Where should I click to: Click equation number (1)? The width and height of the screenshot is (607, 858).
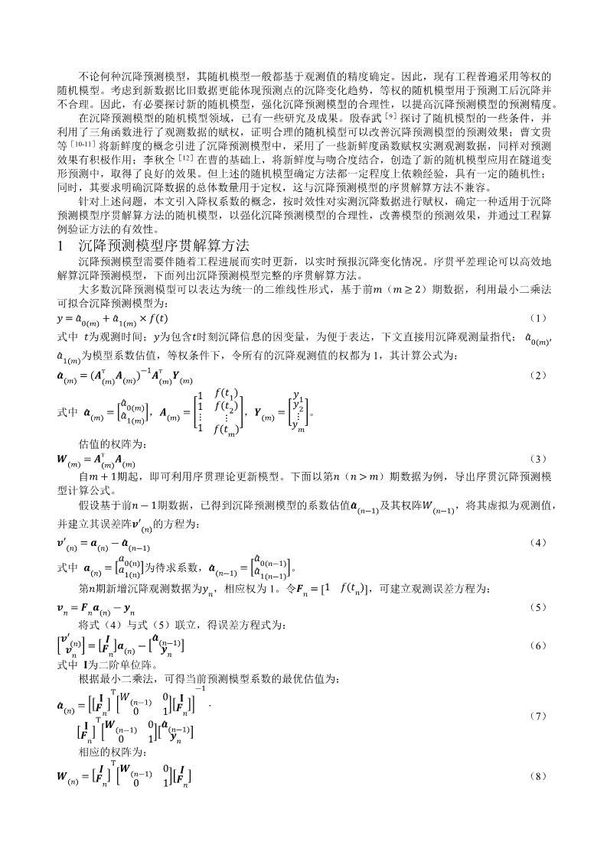click(538, 317)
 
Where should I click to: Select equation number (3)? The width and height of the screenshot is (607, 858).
click(538, 459)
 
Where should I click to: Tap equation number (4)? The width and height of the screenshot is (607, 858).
click(538, 542)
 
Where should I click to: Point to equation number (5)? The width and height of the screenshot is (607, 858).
click(538, 607)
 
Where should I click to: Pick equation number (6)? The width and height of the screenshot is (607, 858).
click(538, 646)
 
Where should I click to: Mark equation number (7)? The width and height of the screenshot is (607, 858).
click(538, 717)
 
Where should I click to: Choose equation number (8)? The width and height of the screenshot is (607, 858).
click(538, 776)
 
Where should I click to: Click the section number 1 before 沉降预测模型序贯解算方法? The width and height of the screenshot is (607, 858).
click(60, 246)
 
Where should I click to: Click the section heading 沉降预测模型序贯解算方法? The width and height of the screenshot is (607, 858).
click(164, 246)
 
